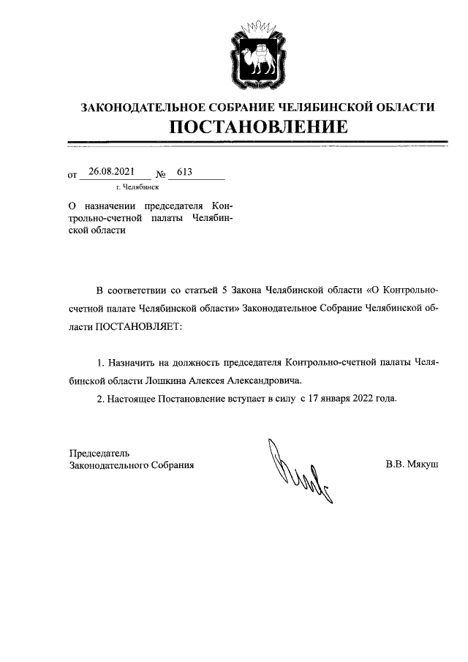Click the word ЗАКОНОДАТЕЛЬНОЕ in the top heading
tap(138, 108)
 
